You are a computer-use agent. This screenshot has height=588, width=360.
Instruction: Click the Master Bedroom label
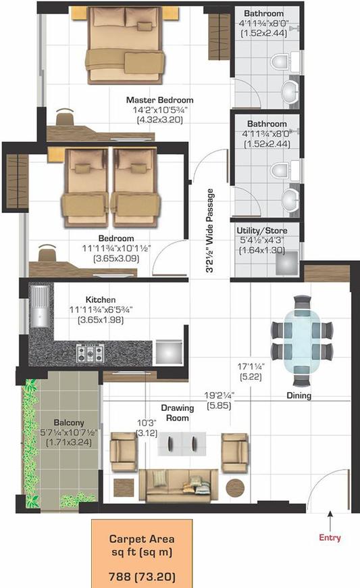(159, 101)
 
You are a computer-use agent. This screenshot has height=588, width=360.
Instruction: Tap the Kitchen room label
(101, 299)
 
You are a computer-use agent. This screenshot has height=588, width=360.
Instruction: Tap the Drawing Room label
(177, 413)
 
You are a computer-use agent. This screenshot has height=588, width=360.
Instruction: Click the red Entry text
(330, 538)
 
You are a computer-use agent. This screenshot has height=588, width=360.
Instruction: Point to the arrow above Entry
(330, 519)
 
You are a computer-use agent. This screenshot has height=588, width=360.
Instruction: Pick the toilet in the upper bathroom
(278, 64)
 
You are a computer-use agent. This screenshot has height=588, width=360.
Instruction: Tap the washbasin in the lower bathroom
(291, 199)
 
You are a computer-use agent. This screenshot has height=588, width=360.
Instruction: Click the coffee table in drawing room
(177, 443)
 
